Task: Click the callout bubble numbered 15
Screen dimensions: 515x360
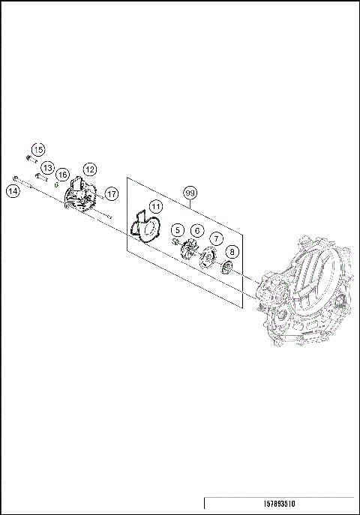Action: coord(37,148)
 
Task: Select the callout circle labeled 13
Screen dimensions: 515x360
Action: coord(47,167)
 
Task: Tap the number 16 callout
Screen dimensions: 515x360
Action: coord(63,174)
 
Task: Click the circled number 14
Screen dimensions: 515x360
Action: coord(13,191)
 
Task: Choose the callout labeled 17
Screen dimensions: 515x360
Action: coord(111,193)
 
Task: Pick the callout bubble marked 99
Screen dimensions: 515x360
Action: coord(190,192)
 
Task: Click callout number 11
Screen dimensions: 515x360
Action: coord(154,206)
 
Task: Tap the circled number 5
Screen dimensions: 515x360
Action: coord(177,229)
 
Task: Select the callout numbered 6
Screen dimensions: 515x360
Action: coord(196,231)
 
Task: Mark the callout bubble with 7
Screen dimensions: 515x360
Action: coord(216,238)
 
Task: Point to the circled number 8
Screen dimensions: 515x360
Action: coord(232,252)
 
